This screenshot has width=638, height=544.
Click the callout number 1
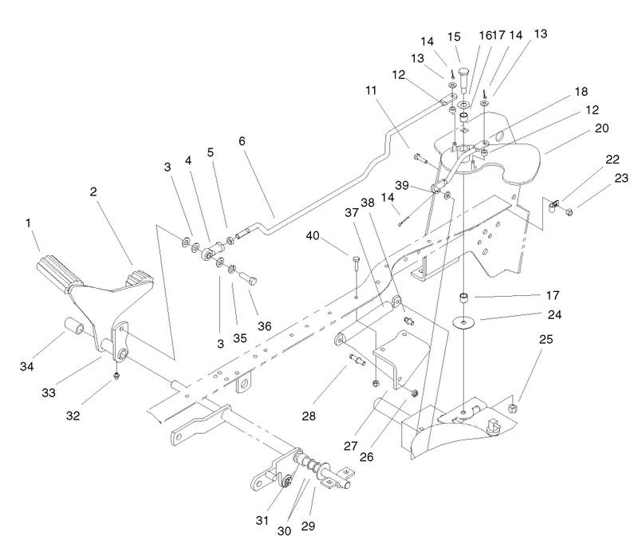pyautogui.click(x=28, y=223)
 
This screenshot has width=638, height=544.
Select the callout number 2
pyautogui.click(x=93, y=191)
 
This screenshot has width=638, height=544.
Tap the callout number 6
pyautogui.click(x=242, y=140)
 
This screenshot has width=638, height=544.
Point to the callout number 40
pyautogui.click(x=313, y=235)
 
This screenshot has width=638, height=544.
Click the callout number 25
pyautogui.click(x=546, y=339)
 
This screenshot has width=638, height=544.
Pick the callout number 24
pyautogui.click(x=554, y=314)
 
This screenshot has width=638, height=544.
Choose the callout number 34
pyautogui.click(x=27, y=366)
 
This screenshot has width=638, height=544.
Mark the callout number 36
pyautogui.click(x=265, y=326)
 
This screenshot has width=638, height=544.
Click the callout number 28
pyautogui.click(x=309, y=416)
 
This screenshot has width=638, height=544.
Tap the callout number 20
pyautogui.click(x=602, y=128)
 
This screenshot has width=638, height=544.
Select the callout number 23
pyautogui.click(x=621, y=178)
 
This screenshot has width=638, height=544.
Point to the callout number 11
pyautogui.click(x=371, y=90)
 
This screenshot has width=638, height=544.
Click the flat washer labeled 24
pyautogui.click(x=463, y=322)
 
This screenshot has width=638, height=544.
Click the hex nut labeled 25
pyautogui.click(x=513, y=408)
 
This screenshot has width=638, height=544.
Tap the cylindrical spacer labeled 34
pyautogui.click(x=73, y=326)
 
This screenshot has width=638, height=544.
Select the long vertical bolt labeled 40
pyautogui.click(x=356, y=277)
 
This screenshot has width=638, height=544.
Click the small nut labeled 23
pyautogui.click(x=569, y=211)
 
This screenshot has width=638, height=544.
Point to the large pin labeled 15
pyautogui.click(x=464, y=81)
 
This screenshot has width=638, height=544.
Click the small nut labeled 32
pyautogui.click(x=116, y=376)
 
